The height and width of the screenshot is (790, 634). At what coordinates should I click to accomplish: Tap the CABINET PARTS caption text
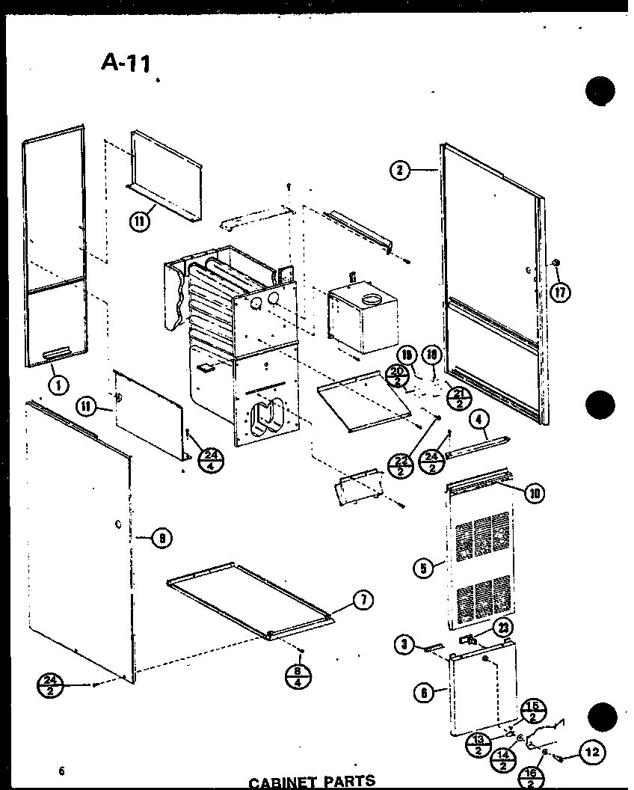312,782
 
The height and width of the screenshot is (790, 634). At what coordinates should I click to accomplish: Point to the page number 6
61,771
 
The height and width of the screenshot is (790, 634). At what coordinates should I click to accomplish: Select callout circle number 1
58,385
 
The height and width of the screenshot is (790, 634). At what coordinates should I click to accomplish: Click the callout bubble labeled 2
400,171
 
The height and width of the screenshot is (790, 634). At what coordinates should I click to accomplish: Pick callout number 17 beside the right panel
559,291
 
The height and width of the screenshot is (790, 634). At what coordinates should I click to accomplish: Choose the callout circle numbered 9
161,537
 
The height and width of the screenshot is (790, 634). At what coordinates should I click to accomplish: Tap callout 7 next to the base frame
363,600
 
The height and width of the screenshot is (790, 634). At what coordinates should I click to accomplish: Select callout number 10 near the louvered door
535,492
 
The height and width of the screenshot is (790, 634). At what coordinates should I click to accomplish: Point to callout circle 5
424,569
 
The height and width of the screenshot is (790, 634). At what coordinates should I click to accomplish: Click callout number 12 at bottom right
592,753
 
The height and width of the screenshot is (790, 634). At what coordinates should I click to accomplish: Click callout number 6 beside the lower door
424,693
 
